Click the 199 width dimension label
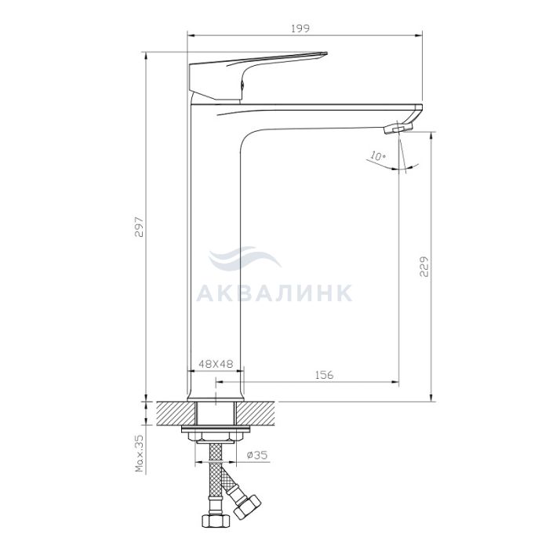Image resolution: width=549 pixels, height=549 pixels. click(x=300, y=28)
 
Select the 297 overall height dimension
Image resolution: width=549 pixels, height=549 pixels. click(x=140, y=227)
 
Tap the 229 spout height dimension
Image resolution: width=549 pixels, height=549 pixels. click(x=424, y=267)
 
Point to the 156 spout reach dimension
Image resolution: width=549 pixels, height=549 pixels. click(x=325, y=375)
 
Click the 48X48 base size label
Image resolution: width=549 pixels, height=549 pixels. click(x=216, y=364)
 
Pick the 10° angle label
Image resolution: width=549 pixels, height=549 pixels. click(x=377, y=156)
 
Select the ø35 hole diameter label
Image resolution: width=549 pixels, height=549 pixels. click(x=257, y=455)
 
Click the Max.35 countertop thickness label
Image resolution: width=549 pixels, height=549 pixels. click(x=140, y=454)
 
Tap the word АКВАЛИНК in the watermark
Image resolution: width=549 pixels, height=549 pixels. click(x=274, y=293)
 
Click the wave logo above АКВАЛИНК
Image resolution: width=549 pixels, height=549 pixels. click(x=245, y=257)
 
